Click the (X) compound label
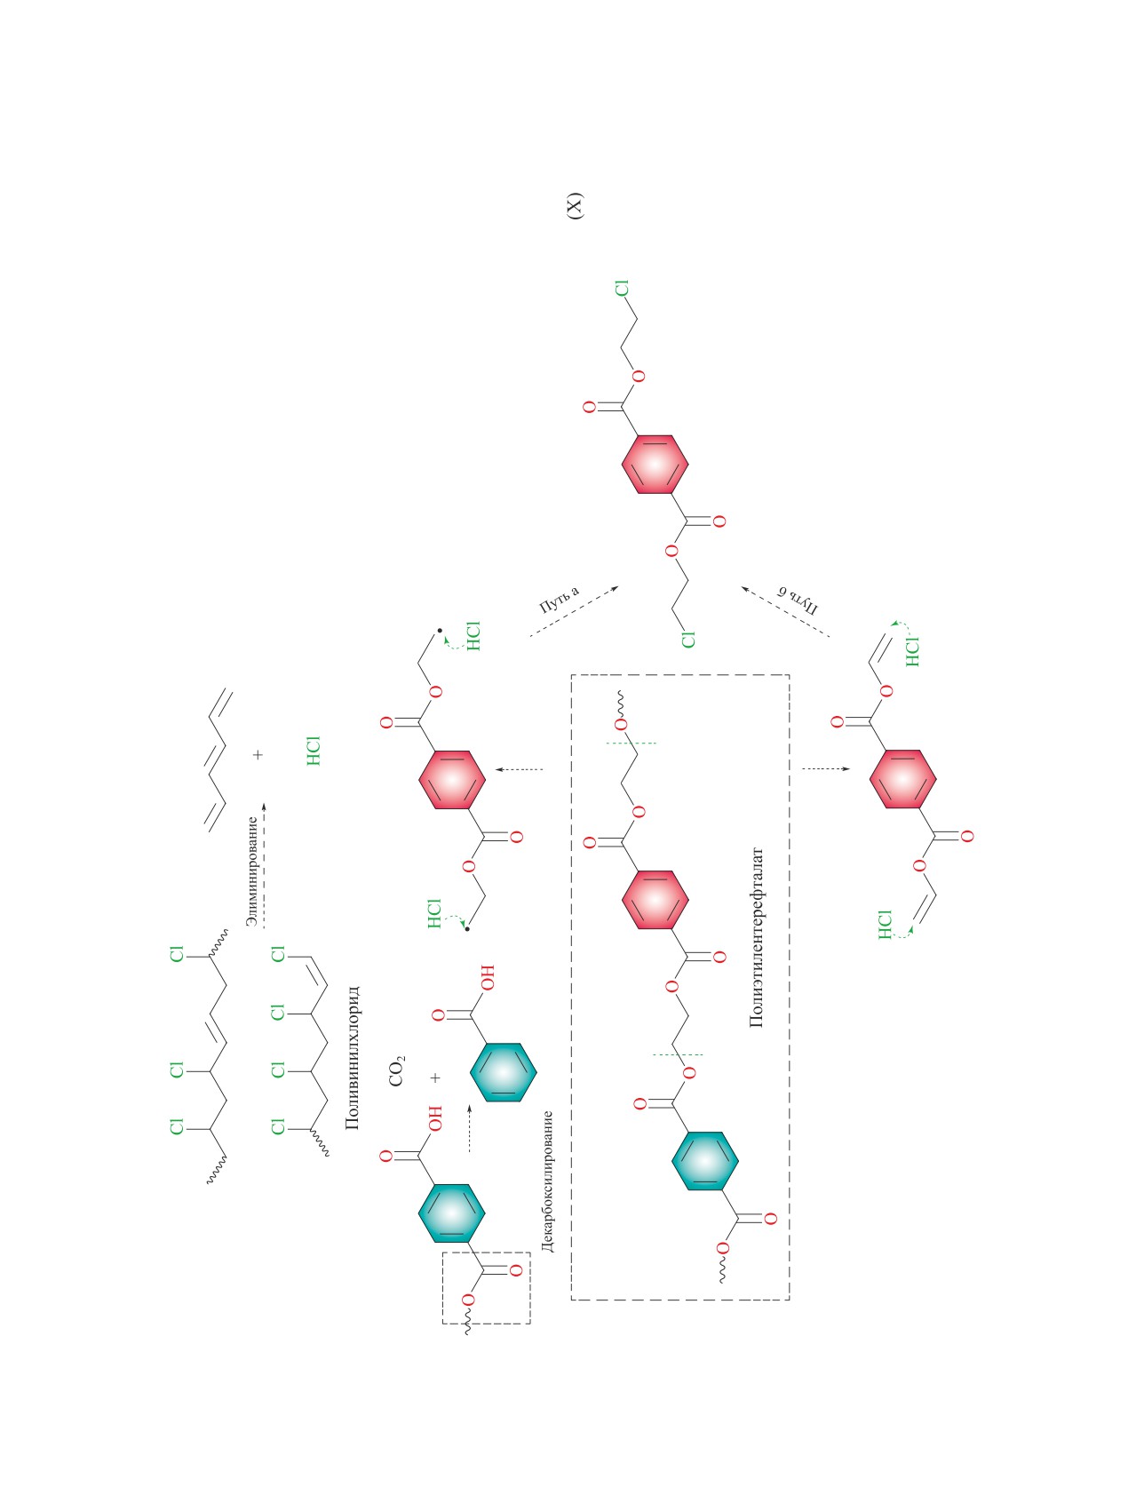click(575, 205)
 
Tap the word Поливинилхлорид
click(352, 1056)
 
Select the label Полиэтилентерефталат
click(757, 937)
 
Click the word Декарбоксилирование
click(547, 1181)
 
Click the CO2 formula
click(396, 1070)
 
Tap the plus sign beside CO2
click(435, 1078)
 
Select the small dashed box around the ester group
click(486, 1287)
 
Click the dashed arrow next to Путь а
click(574, 611)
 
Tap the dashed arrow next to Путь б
click(785, 611)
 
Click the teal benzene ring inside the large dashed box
click(706, 1161)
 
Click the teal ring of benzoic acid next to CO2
click(503, 1071)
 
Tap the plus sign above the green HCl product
click(258, 754)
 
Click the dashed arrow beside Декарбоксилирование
click(469, 1129)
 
